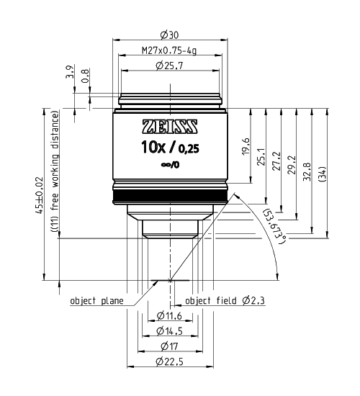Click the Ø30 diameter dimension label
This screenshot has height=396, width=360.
(x=169, y=35)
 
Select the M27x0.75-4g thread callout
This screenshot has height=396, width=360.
(x=169, y=50)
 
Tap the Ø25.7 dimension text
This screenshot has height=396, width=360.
(x=169, y=66)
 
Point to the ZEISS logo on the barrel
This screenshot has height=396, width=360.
(x=170, y=126)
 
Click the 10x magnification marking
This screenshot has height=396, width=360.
(x=153, y=147)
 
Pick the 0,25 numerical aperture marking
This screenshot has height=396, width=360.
(x=189, y=149)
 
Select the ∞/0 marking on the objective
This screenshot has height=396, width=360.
(x=170, y=165)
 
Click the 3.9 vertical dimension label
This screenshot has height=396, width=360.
(x=70, y=72)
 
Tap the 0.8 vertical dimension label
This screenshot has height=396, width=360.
(x=85, y=76)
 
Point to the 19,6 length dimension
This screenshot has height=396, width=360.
(x=246, y=146)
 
